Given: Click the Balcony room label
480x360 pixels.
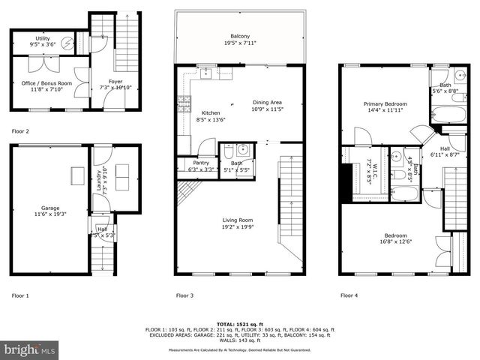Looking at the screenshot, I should (240, 35).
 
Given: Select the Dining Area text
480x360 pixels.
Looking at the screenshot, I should (267, 102).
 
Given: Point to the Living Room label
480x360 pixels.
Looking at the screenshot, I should (238, 220).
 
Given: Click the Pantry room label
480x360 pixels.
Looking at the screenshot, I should (190, 162).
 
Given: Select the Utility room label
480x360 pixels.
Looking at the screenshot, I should (43, 38).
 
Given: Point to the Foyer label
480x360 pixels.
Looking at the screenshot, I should (115, 82).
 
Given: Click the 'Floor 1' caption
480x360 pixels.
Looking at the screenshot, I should (20, 295).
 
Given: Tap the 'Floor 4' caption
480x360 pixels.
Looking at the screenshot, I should (349, 295).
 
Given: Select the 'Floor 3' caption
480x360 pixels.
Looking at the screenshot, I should (184, 295).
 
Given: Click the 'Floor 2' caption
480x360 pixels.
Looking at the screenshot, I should (20, 131).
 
